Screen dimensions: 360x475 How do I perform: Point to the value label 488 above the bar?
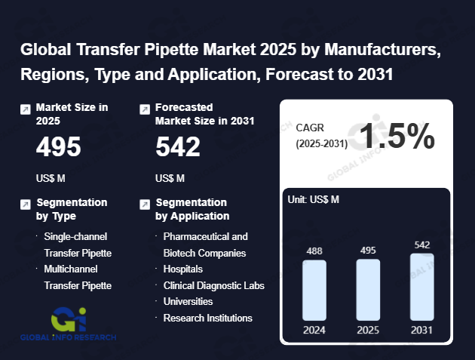pos(314,251)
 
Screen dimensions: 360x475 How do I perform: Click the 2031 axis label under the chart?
pos(422,329)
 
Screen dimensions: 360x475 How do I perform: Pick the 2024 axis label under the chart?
pos(314,329)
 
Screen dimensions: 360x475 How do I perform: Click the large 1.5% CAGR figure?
pos(397,137)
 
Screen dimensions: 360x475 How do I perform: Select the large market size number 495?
pos(58,147)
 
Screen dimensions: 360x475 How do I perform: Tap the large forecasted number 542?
pos(178,147)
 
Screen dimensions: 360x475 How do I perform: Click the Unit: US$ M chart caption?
pos(314,199)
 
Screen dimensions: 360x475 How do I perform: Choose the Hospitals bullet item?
pos(182,269)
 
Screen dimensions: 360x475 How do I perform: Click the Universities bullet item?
pos(188,301)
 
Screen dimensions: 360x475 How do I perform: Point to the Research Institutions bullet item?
pos(207,318)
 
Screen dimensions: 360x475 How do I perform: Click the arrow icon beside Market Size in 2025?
pos(26,109)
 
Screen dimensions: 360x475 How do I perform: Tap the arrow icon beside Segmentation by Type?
pos(26,204)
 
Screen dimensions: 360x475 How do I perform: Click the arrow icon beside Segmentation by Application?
pos(145,204)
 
